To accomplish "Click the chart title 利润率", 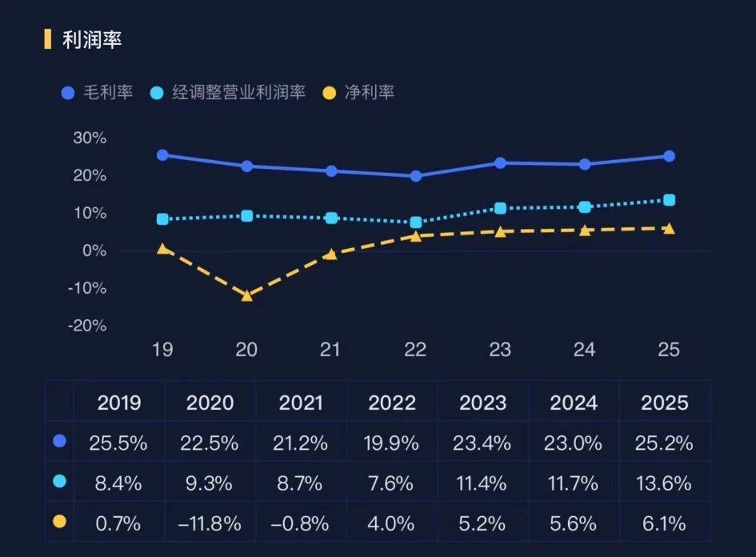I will pyautogui.click(x=92, y=39).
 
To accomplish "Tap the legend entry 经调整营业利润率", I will pyautogui.click(x=228, y=93).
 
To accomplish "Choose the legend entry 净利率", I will pyautogui.click(x=358, y=93).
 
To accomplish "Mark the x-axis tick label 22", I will pyautogui.click(x=415, y=350).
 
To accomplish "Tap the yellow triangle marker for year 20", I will pyautogui.click(x=247, y=295).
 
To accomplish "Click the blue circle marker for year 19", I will pyautogui.click(x=162, y=154).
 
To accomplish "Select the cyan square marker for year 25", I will pyautogui.click(x=669, y=200).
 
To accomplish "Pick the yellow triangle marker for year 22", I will pyautogui.click(x=415, y=236).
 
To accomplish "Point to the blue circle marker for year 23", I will pyautogui.click(x=500, y=163).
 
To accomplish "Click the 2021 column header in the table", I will pyautogui.click(x=301, y=403).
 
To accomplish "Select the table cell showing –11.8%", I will pyautogui.click(x=209, y=523).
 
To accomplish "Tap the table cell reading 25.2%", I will pyautogui.click(x=665, y=443).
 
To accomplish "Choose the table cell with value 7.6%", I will pyautogui.click(x=392, y=483).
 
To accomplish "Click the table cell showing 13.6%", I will pyautogui.click(x=665, y=483).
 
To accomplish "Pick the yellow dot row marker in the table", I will pyautogui.click(x=58, y=523).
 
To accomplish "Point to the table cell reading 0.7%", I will pyautogui.click(x=118, y=523).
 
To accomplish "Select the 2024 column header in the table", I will pyautogui.click(x=574, y=403).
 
